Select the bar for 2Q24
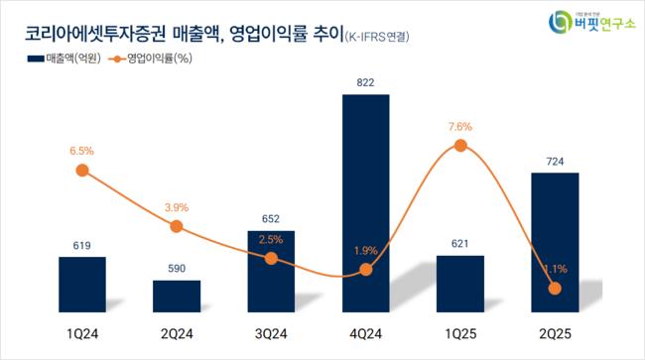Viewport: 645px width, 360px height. [177, 297]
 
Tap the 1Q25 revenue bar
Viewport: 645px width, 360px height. [460, 284]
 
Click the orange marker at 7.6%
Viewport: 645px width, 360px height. [460, 146]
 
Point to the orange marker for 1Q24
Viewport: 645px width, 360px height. [82, 171]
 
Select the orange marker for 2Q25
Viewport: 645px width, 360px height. [555, 289]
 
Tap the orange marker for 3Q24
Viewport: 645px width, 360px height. [271, 258]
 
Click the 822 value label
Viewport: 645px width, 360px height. [365, 83]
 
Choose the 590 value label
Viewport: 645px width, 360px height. [177, 268]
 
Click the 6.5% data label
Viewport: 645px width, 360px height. [82, 151]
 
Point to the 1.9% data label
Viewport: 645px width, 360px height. [365, 250]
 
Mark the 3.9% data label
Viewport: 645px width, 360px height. [177, 206]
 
